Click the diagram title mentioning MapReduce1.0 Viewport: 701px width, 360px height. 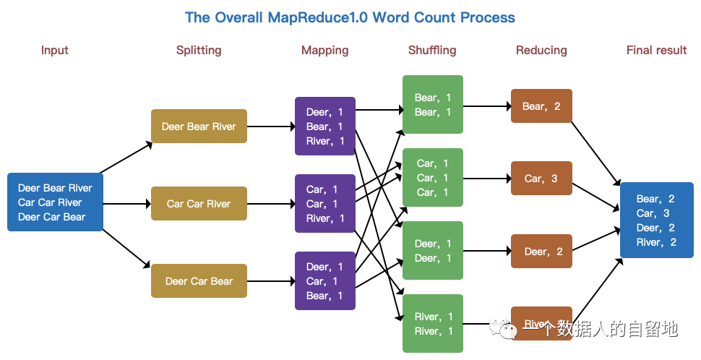click(350, 17)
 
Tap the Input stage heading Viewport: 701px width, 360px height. click(55, 50)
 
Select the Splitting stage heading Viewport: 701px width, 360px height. click(199, 50)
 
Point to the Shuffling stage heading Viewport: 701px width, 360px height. click(432, 50)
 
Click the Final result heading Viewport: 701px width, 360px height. click(656, 50)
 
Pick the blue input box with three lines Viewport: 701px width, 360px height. click(55, 202)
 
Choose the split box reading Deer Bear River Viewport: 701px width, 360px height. click(199, 127)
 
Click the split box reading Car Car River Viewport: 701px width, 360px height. click(199, 204)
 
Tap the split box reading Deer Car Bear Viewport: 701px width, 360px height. click(199, 281)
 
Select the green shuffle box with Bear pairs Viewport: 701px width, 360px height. click(432, 105)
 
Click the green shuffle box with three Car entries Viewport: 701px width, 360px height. click(432, 178)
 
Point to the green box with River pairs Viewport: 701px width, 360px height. click(432, 324)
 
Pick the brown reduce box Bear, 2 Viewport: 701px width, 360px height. click(541, 106)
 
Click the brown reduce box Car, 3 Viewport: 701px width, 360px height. click(541, 179)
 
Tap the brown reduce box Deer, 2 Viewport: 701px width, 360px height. click(541, 252)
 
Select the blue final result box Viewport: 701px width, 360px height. click(656, 220)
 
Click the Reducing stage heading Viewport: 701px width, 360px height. click(541, 50)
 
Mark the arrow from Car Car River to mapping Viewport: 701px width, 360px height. click(271, 204)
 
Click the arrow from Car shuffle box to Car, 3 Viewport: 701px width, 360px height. click(487, 178)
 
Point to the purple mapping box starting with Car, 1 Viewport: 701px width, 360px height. click(325, 204)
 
